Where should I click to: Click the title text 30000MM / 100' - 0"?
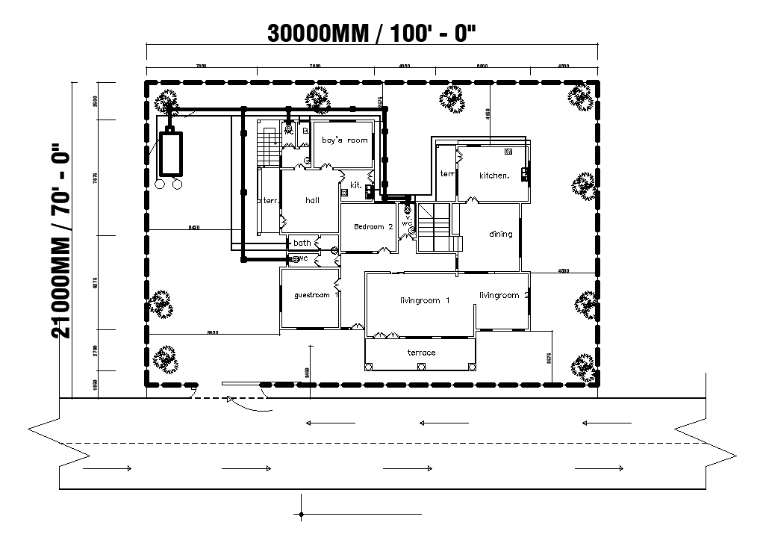(371, 33)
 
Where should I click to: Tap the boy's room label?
(344, 140)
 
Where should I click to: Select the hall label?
(313, 200)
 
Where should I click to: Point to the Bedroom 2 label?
(373, 226)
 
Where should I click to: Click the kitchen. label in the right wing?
(493, 176)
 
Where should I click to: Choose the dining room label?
(500, 234)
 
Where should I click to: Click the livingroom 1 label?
(424, 300)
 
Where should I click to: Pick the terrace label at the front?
(421, 353)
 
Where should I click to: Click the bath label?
(302, 243)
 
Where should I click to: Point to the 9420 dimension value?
(193, 226)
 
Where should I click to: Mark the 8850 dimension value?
(213, 332)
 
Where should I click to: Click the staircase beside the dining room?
(435, 227)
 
